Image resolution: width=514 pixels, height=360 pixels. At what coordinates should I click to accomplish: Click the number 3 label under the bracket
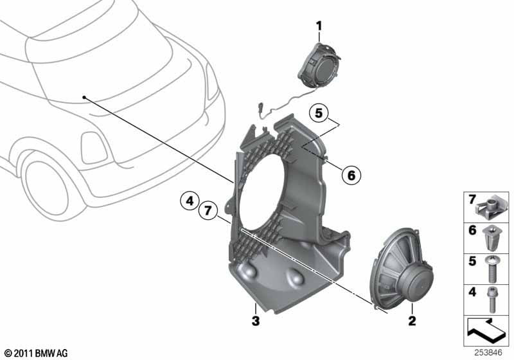[x=255, y=319]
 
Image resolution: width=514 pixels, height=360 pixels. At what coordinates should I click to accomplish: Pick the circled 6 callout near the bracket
[x=351, y=174]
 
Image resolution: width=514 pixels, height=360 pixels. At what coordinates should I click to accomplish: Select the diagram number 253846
[x=488, y=353]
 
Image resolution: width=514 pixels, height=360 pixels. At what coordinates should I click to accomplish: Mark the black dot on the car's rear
[x=84, y=98]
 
